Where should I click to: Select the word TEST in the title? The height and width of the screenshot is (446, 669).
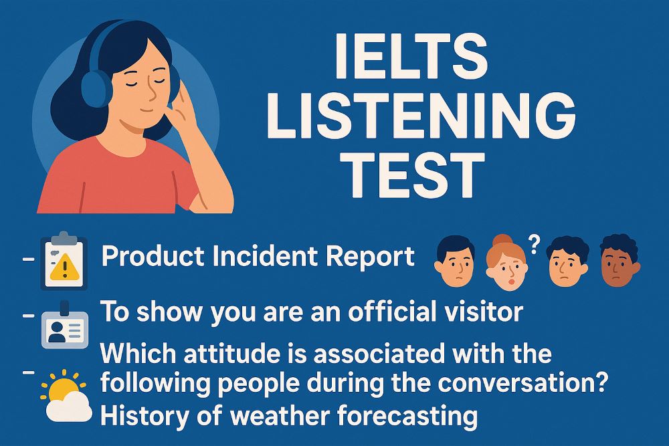415,175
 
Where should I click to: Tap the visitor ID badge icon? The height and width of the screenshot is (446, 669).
64,327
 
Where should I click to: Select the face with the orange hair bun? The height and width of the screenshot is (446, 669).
505,262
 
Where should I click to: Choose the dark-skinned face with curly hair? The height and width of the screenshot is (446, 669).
619,263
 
